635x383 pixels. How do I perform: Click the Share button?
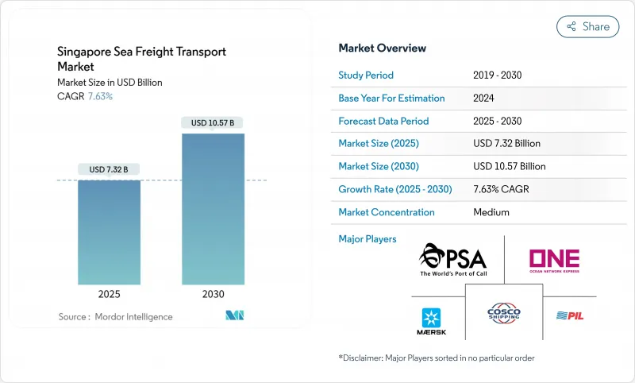(x=587, y=26)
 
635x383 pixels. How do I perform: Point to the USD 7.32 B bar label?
(x=109, y=169)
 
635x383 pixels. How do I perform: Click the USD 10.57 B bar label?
(x=213, y=122)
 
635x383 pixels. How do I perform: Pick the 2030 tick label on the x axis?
(x=213, y=293)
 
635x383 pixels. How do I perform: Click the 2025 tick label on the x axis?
(x=109, y=293)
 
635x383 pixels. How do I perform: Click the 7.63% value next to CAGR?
(x=99, y=96)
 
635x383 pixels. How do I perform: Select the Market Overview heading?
(x=382, y=48)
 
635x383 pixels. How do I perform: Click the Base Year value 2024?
(x=483, y=99)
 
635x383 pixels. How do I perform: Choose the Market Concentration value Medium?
(x=491, y=212)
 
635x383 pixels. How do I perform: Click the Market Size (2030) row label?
(x=378, y=167)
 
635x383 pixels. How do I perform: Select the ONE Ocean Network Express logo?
(x=553, y=261)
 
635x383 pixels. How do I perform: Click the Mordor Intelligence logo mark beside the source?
(x=234, y=315)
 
